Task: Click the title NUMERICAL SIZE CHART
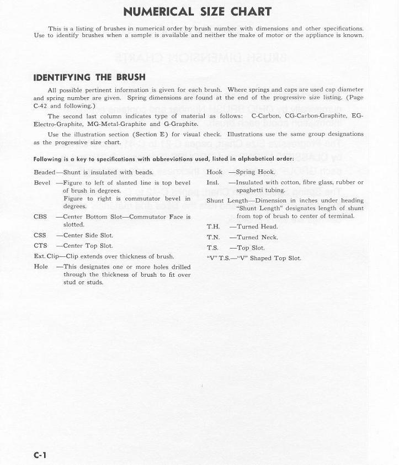[x=197, y=12]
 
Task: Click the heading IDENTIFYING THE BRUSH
[x=89, y=77]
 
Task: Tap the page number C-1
[x=40, y=455]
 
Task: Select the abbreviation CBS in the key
[x=40, y=217]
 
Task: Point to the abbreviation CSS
[x=40, y=235]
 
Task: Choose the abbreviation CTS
[x=40, y=246]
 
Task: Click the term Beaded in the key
[x=44, y=172]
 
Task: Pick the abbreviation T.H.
[x=213, y=226]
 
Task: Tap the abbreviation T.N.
[x=213, y=237]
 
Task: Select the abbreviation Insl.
[x=212, y=183]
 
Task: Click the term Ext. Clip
[x=46, y=256]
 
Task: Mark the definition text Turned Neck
[x=257, y=237]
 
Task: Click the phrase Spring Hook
[x=255, y=172]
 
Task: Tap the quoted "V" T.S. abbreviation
[x=218, y=258]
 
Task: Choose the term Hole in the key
[x=41, y=267]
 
